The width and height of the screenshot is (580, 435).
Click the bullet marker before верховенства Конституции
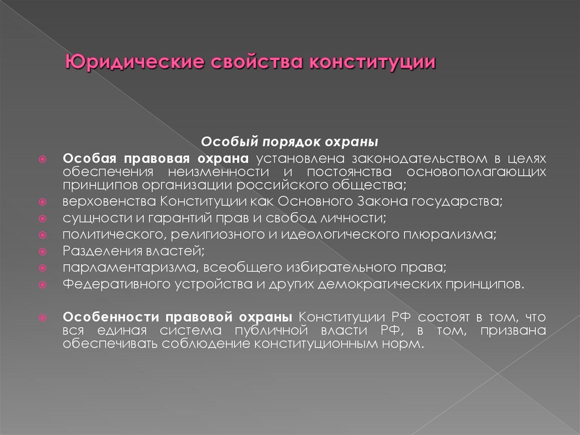pos(43,202)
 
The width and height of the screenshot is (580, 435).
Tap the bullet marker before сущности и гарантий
pos(43,218)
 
